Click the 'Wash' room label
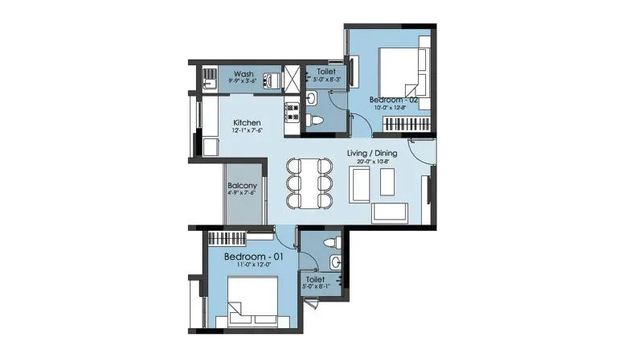click(x=244, y=73)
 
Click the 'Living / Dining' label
click(x=375, y=153)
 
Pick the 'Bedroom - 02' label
click(x=394, y=100)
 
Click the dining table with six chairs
click(x=309, y=183)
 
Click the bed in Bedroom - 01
click(x=252, y=300)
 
